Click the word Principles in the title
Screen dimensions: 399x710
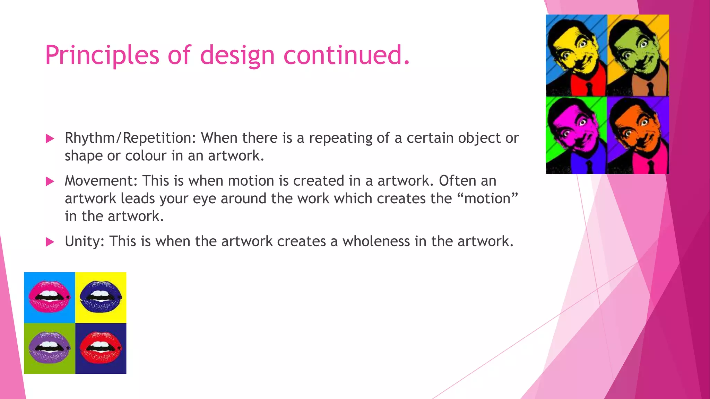click(x=102, y=55)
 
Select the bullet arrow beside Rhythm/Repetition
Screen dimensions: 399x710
click(x=50, y=139)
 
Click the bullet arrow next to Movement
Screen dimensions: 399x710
click(x=50, y=181)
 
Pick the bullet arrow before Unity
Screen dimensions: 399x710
click(x=50, y=242)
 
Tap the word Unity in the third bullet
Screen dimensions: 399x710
click(x=84, y=241)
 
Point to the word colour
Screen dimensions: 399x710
click(x=146, y=156)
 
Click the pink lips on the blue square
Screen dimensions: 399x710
click(x=49, y=297)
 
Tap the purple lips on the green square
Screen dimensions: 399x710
click(x=49, y=347)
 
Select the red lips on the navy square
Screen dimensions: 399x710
click(x=101, y=347)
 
